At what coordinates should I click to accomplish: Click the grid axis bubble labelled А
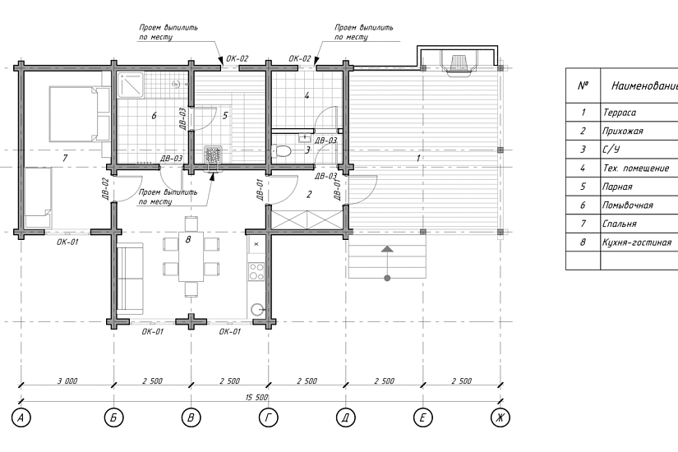click(x=21, y=417)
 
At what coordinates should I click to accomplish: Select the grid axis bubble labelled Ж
click(x=500, y=417)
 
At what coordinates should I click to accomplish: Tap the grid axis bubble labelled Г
click(x=269, y=417)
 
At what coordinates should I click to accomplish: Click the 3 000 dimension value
click(x=67, y=381)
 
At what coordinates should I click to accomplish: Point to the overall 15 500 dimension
click(x=256, y=397)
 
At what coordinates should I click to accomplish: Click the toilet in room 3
click(x=281, y=151)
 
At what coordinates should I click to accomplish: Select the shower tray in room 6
click(x=131, y=85)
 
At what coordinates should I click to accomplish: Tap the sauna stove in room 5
click(x=213, y=155)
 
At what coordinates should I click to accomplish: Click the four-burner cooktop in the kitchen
click(x=256, y=271)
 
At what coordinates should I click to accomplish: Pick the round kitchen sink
click(x=257, y=309)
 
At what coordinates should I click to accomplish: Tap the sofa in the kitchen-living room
click(x=130, y=279)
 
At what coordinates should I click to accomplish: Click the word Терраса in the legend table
click(x=619, y=113)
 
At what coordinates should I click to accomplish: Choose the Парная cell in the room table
click(x=617, y=187)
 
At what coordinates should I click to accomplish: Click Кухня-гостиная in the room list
click(x=637, y=242)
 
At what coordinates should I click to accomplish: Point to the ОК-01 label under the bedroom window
click(x=67, y=242)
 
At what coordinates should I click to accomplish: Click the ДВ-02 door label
click(x=105, y=188)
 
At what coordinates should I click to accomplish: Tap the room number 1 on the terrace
click(x=417, y=159)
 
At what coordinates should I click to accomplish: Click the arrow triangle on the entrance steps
click(x=387, y=249)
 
